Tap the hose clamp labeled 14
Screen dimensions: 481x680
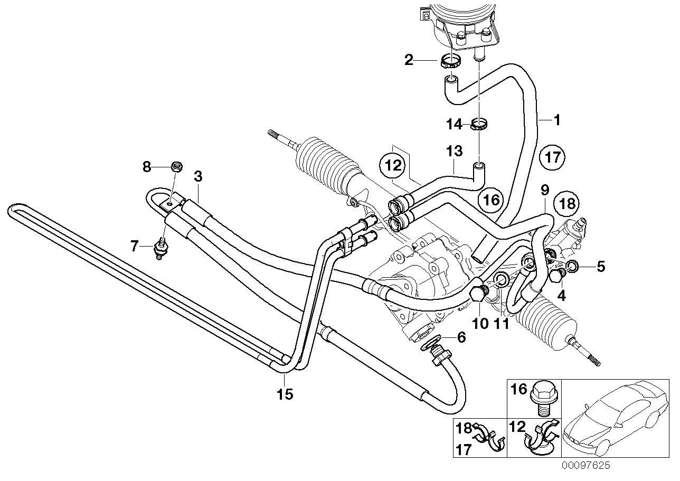coord(479,125)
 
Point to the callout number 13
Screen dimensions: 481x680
coord(454,152)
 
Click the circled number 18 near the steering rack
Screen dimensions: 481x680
coord(566,203)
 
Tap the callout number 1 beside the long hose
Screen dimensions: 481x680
coord(556,120)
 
